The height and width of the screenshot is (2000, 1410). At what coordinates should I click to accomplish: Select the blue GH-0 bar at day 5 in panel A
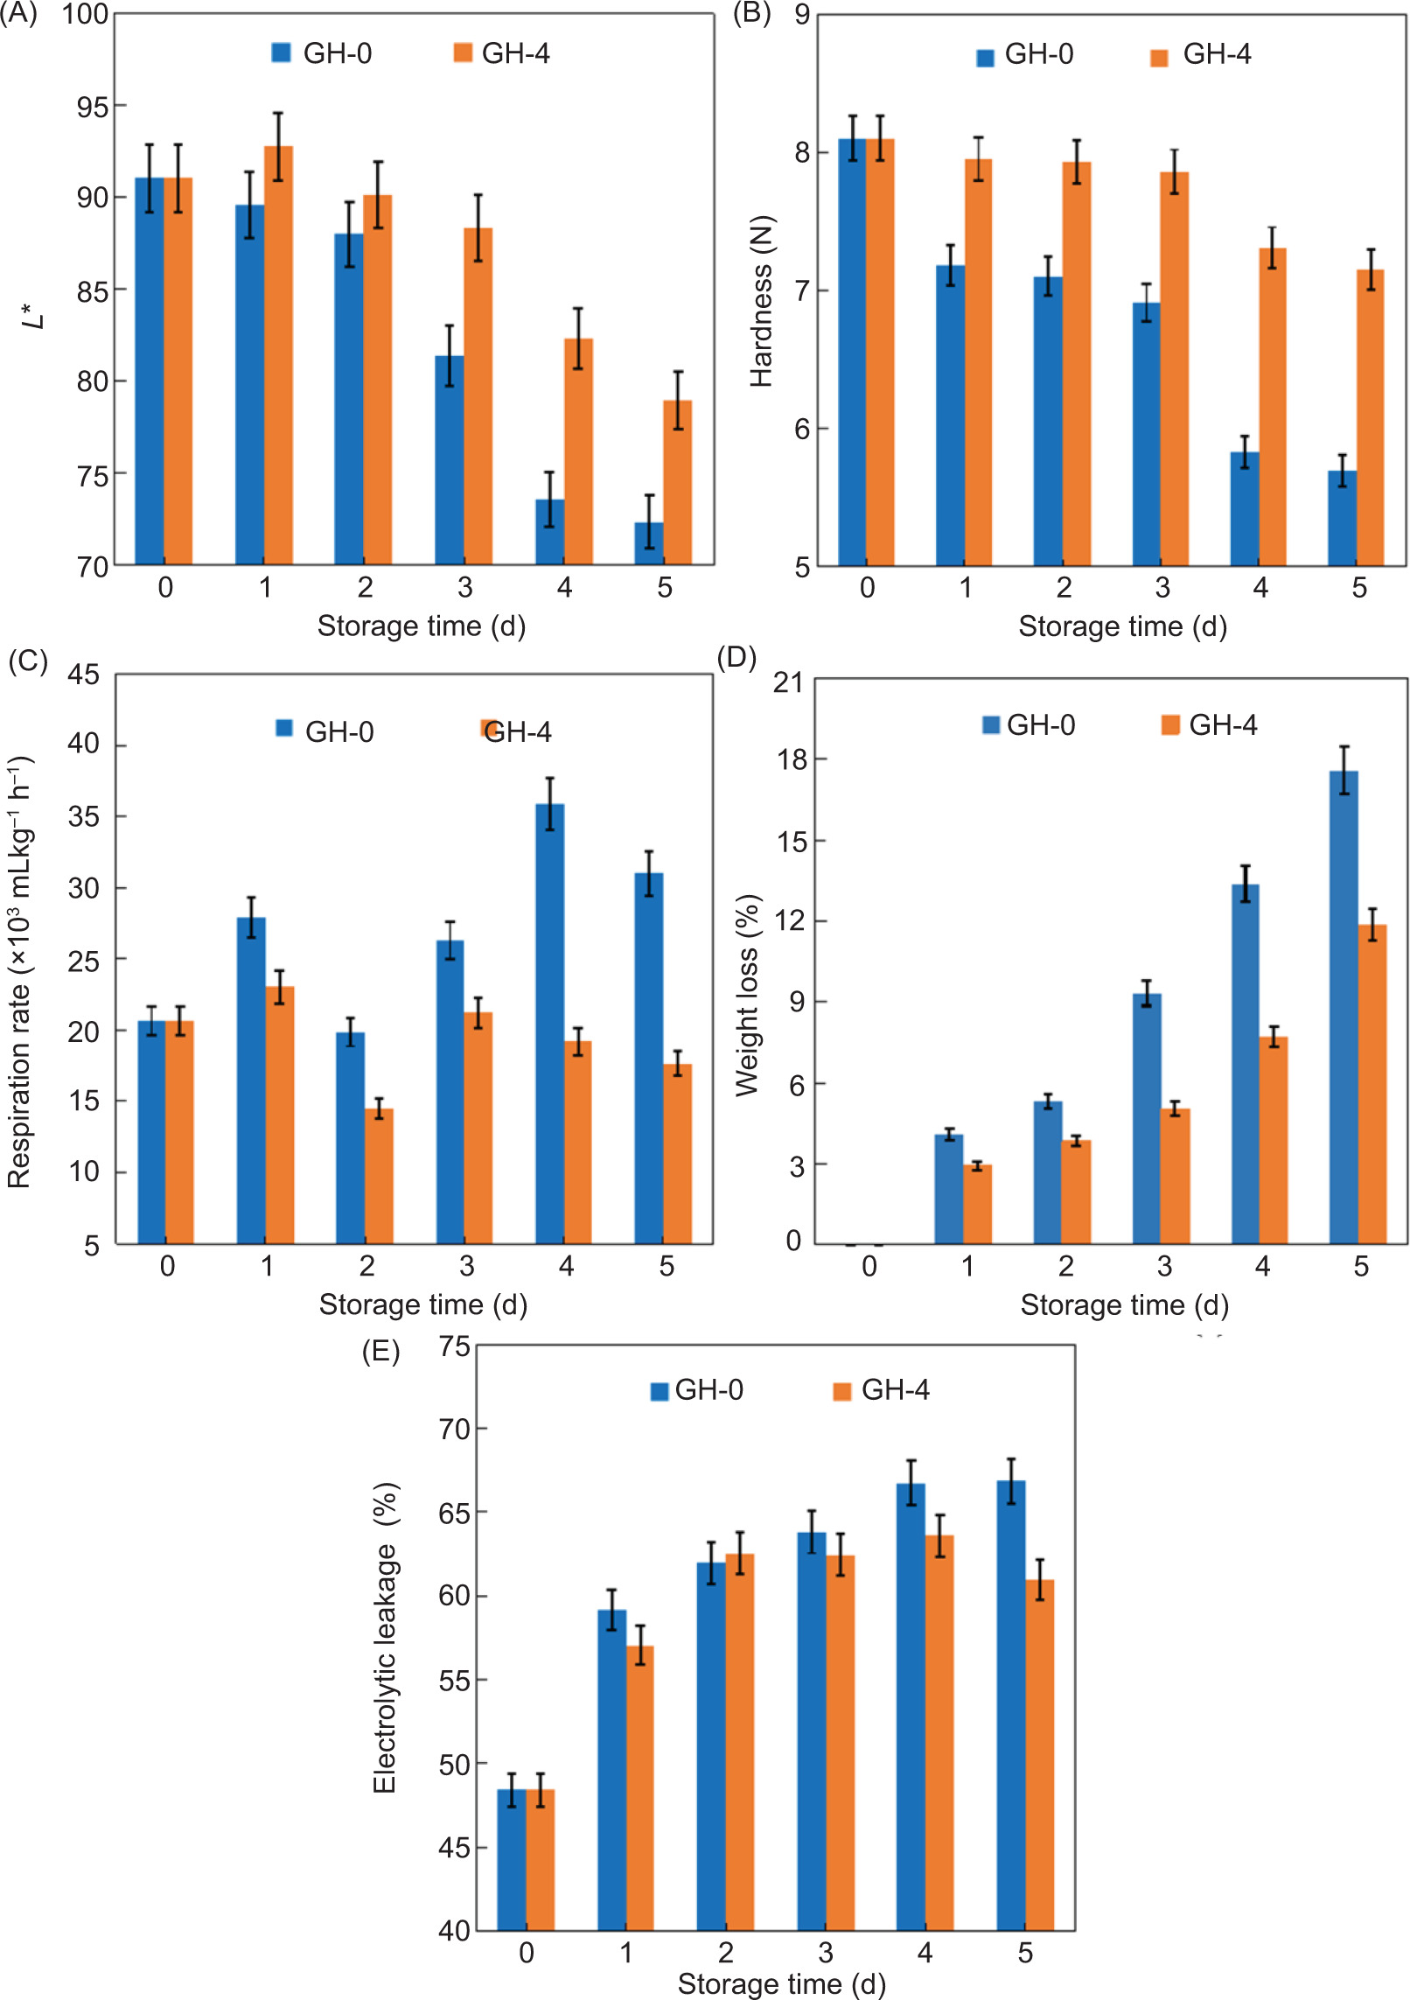[x=649, y=543]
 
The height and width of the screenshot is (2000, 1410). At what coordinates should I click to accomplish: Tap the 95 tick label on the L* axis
[x=92, y=108]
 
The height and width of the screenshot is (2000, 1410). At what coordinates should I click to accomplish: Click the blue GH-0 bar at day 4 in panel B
[x=1244, y=508]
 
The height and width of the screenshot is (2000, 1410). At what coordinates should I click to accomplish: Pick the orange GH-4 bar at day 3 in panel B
[x=1174, y=367]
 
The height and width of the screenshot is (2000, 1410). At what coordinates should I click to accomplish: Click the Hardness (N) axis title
[x=762, y=301]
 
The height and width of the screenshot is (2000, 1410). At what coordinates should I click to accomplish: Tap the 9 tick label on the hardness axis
[x=801, y=15]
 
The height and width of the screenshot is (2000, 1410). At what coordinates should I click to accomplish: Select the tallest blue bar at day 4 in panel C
[x=549, y=1023]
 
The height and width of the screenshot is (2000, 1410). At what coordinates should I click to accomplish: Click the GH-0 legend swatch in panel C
[x=284, y=728]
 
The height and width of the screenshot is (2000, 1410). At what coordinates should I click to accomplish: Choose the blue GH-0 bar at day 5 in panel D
[x=1344, y=1006]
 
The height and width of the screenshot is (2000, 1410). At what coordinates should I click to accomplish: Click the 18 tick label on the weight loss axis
[x=792, y=759]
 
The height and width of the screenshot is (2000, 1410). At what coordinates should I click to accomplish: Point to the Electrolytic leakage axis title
[x=386, y=1637]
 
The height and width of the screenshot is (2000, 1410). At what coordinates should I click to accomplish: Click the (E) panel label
[x=380, y=1352]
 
